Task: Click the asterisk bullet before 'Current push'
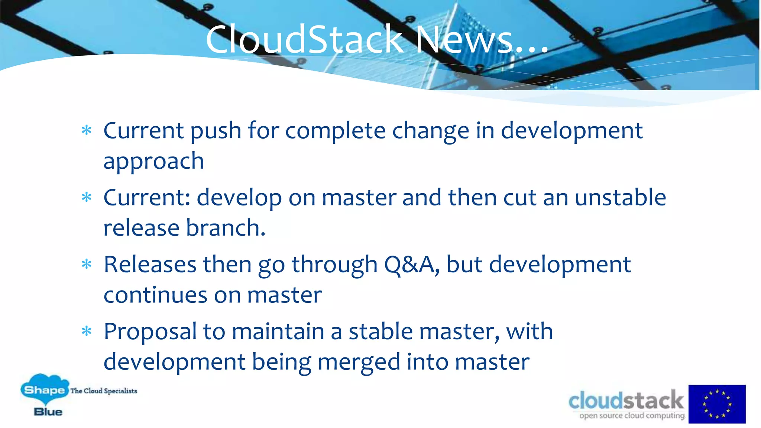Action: (87, 130)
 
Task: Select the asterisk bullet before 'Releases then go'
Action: (87, 265)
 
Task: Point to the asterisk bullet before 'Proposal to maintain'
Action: (87, 331)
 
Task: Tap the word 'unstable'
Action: (620, 197)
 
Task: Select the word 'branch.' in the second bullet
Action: (226, 228)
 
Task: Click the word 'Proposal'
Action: (150, 332)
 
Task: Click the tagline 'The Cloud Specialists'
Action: (104, 391)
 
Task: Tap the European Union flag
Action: (717, 404)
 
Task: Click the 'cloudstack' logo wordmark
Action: (626, 401)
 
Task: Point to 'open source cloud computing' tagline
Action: (632, 416)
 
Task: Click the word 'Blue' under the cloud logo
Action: (48, 412)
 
